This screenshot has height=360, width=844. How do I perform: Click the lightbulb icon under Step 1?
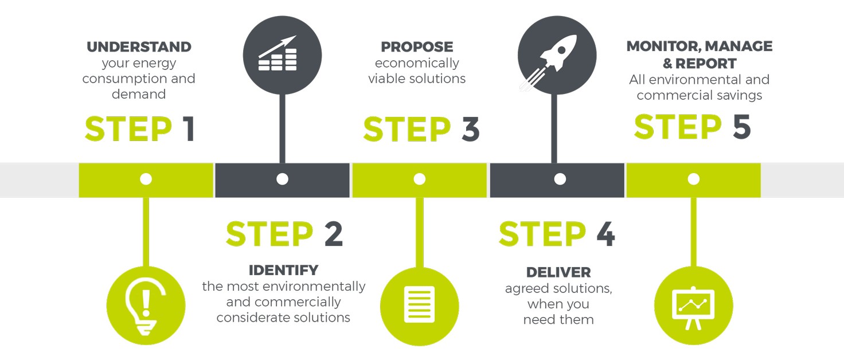[146, 305]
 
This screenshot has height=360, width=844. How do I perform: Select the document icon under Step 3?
[420, 305]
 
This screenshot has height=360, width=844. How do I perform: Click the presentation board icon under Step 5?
[693, 305]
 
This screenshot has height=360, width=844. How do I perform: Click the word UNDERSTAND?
[139, 47]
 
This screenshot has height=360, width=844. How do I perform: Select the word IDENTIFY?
[283, 270]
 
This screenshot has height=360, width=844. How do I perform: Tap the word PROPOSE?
[417, 47]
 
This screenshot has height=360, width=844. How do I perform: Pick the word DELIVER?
[558, 272]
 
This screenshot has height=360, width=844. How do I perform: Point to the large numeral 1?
[189, 130]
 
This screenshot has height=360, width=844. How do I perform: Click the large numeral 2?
[333, 234]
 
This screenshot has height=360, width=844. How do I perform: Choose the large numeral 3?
[470, 130]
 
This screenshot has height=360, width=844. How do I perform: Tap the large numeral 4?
[605, 234]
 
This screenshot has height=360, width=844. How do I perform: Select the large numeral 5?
[741, 127]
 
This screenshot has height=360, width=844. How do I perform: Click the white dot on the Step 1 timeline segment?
[146, 179]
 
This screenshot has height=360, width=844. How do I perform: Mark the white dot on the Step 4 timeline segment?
[560, 179]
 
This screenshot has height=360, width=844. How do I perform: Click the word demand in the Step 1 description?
[139, 94]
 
